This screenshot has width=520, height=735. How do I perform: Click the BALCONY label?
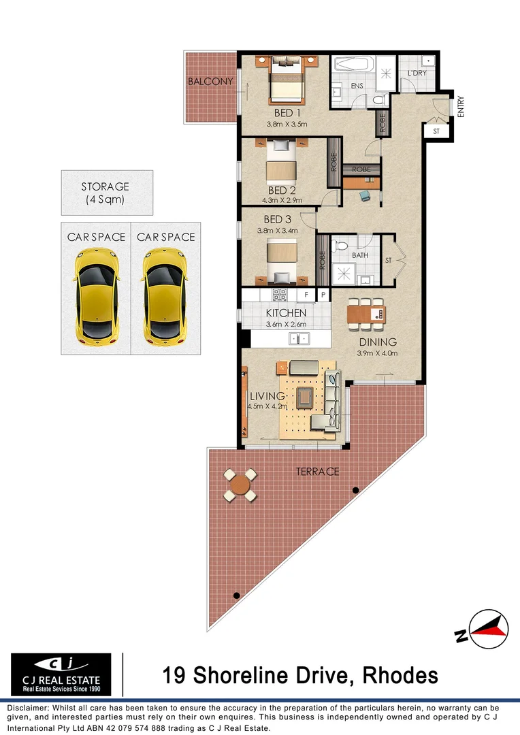pos(210,82)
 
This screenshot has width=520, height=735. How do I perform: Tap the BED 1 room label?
pos(286,112)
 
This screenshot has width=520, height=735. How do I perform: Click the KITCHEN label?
pos(286,313)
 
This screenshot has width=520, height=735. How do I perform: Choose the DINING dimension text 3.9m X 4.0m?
pos(376,353)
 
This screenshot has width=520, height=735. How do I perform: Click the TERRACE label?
pos(316,472)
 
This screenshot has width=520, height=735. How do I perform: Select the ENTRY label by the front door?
pos(461,107)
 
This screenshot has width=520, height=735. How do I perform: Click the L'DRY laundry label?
pos(417,73)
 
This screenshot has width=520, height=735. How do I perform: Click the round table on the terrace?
pos(240,485)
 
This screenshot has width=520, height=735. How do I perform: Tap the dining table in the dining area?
pos(366,314)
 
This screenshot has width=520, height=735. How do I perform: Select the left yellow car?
pos(95,294)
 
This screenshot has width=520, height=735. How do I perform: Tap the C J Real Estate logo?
pos(61,674)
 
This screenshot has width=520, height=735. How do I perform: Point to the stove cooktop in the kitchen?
pos(280,295)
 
